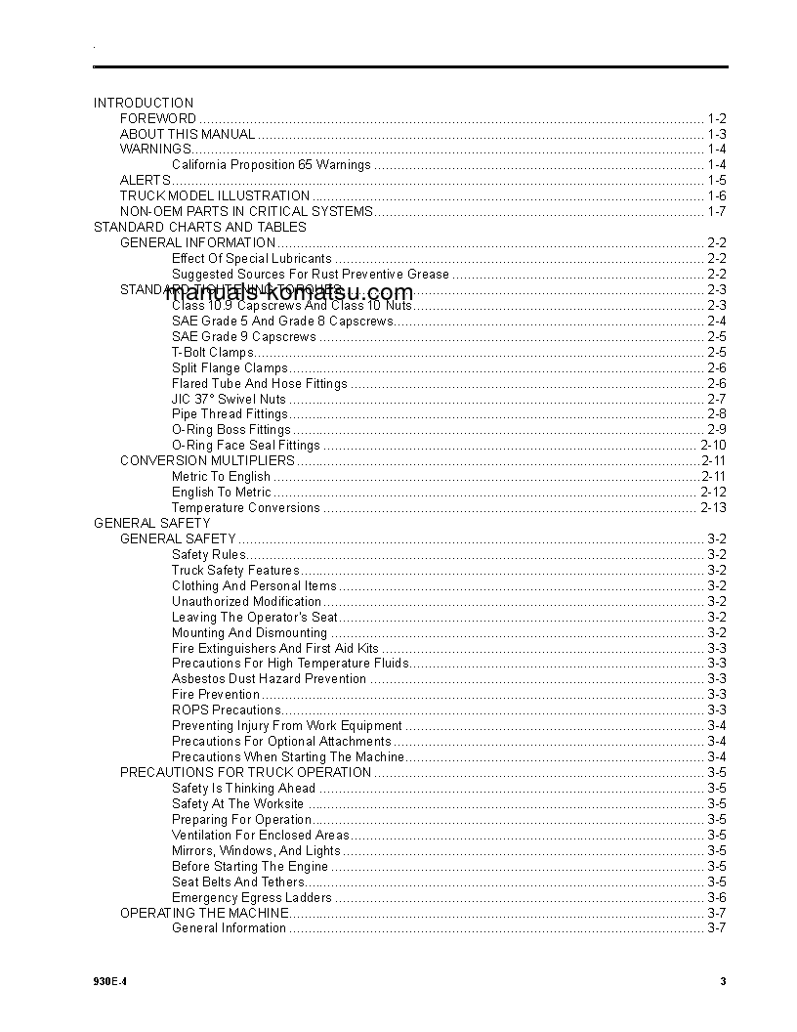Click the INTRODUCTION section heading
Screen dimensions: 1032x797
tap(144, 103)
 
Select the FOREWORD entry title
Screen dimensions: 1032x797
tap(158, 118)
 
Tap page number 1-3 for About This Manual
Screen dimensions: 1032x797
tap(716, 134)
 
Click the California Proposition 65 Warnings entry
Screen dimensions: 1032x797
tap(271, 165)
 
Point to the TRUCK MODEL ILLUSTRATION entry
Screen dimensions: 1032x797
tap(215, 195)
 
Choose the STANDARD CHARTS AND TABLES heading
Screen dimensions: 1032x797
tap(199, 227)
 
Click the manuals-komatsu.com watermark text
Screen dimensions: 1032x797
tap(289, 292)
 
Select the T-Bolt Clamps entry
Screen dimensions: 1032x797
tap(212, 352)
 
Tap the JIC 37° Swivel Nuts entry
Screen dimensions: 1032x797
tap(229, 399)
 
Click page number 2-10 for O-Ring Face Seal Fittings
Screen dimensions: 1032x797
tap(713, 446)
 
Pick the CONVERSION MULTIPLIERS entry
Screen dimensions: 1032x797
tap(207, 460)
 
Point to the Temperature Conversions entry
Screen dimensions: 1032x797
tap(245, 507)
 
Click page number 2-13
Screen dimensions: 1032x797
tap(713, 507)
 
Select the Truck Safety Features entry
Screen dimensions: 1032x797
tap(235, 570)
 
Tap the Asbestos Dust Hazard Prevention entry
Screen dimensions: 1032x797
tap(269, 678)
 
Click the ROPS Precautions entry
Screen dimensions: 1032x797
tap(226, 709)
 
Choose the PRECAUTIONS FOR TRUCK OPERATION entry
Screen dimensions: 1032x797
tap(245, 772)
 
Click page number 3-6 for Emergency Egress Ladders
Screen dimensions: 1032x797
tap(716, 897)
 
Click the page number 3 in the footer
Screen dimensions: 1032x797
tap(723, 982)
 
